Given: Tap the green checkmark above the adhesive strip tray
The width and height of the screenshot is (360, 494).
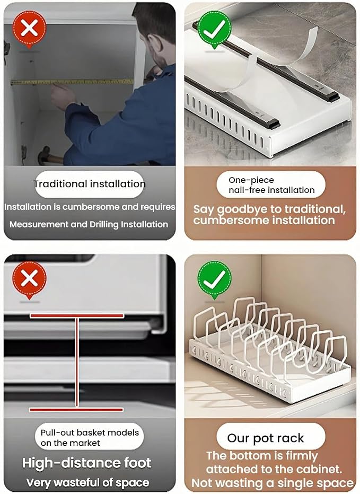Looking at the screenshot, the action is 214,30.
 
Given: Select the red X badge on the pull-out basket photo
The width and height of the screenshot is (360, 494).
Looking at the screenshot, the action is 29,279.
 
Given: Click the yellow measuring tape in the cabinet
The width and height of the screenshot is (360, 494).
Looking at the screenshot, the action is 72,82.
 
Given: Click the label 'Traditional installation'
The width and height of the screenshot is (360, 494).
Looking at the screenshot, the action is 90,184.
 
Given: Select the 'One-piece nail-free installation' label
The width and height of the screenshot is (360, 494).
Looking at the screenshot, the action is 271,185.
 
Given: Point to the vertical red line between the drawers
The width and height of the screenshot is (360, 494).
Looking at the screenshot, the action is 77,363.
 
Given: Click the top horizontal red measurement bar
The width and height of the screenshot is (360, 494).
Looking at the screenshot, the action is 76,316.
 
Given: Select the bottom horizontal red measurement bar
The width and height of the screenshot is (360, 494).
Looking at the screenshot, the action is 76,410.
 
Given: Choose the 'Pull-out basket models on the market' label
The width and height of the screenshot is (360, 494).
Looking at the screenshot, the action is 90,438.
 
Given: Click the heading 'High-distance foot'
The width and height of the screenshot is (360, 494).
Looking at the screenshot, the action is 87,463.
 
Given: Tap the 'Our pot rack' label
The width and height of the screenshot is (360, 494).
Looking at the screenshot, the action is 266,438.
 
